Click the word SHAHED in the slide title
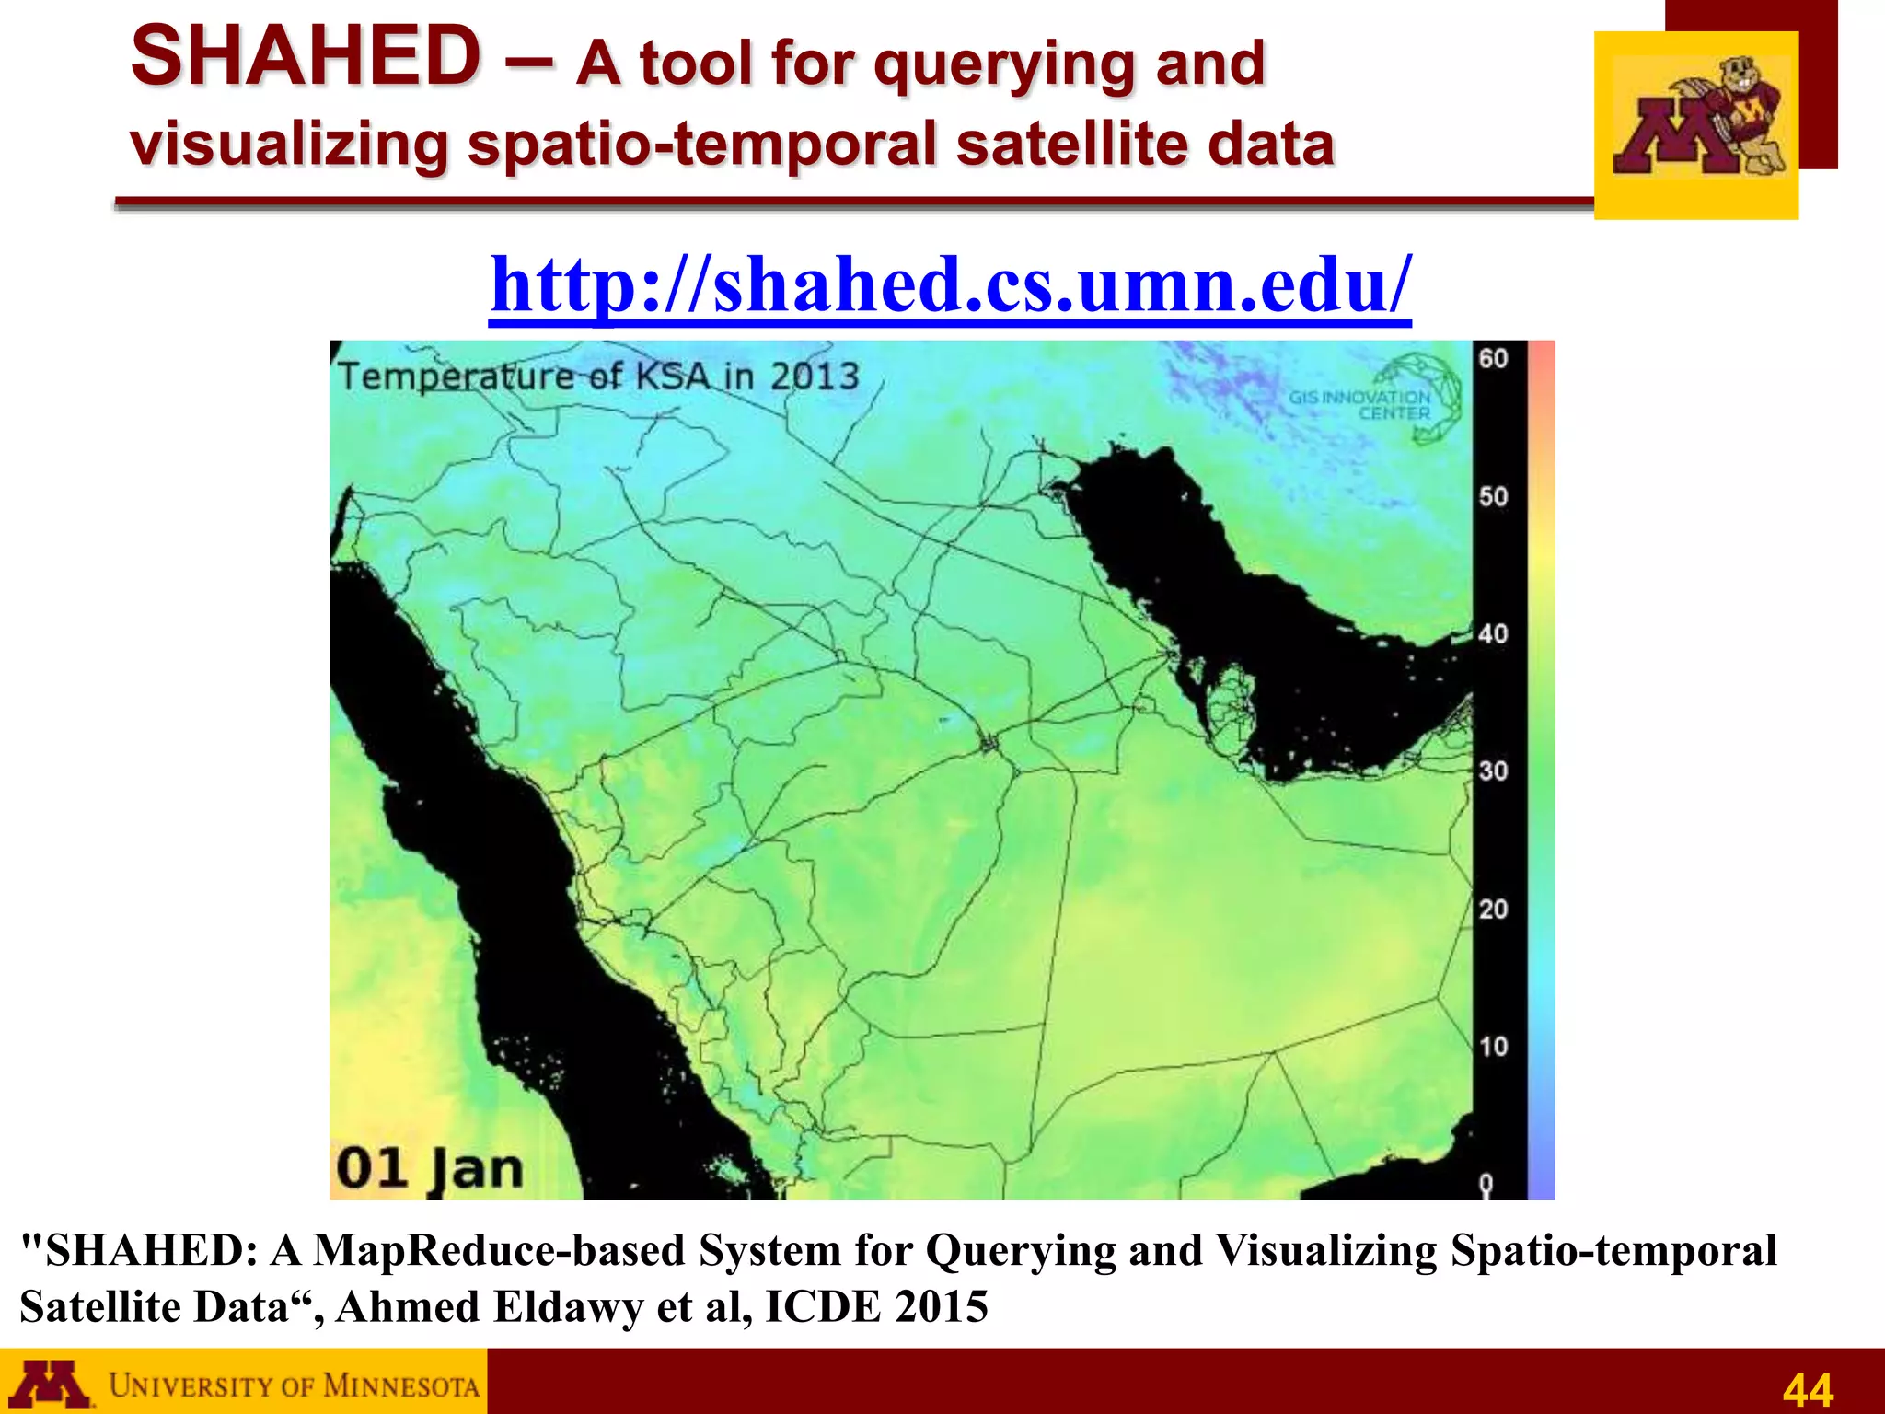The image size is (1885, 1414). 305,57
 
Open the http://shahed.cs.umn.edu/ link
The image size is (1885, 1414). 950,285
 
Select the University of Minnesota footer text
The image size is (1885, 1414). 294,1385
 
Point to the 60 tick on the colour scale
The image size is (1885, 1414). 1493,358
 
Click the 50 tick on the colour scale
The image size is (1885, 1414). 1493,497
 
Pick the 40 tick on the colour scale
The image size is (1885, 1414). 1493,634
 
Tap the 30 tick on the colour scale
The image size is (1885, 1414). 1493,771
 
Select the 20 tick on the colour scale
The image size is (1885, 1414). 1493,910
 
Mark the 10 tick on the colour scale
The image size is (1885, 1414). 1493,1047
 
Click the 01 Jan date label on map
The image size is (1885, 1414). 429,1169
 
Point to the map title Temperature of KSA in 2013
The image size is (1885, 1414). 598,377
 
